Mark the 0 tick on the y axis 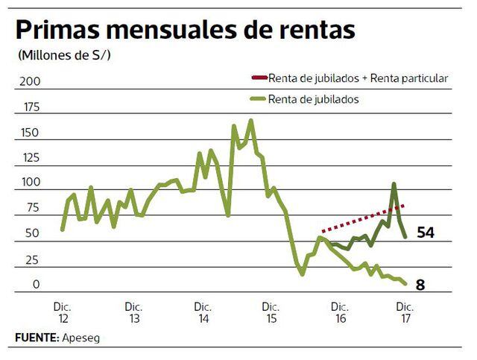(x=34, y=285)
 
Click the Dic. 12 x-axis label (x=63, y=312)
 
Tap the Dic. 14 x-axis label (x=203, y=312)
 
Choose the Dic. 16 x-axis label (x=340, y=312)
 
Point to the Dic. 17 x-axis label (x=405, y=312)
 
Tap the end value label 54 (x=425, y=233)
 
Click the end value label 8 (x=420, y=284)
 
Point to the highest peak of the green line (x=250, y=120)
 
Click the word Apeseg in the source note (x=80, y=338)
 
